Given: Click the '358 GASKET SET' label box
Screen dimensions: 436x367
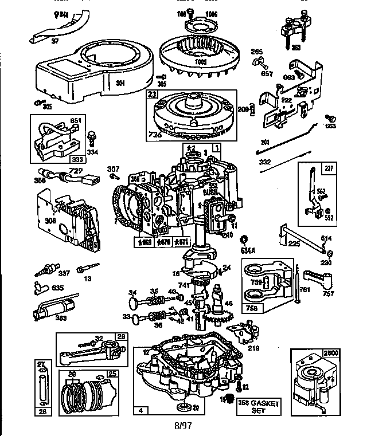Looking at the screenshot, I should pos(258,407).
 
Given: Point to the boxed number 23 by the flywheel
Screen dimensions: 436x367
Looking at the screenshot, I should pos(153,96).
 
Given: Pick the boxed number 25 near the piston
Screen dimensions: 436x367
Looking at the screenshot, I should pos(112,374).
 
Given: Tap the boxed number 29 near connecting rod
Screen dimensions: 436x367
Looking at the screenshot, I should pos(120,337).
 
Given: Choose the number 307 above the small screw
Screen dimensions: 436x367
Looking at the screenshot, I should pos(113,168).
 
